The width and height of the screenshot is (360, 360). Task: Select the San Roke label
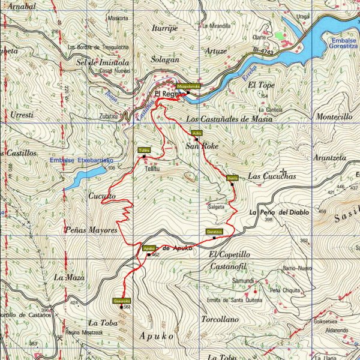click(200, 146)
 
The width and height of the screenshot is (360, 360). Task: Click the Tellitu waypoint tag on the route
click(143, 150)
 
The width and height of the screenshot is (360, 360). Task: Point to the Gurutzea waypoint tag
click(214, 232)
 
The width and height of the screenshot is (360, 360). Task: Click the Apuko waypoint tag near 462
click(149, 248)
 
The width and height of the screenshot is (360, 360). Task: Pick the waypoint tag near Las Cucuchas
click(233, 178)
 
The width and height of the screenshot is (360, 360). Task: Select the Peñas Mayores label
click(91, 230)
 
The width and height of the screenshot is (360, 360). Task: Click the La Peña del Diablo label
click(278, 212)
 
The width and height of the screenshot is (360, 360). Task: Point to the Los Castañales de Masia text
click(229, 119)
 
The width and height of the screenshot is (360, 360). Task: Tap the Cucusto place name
click(102, 196)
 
